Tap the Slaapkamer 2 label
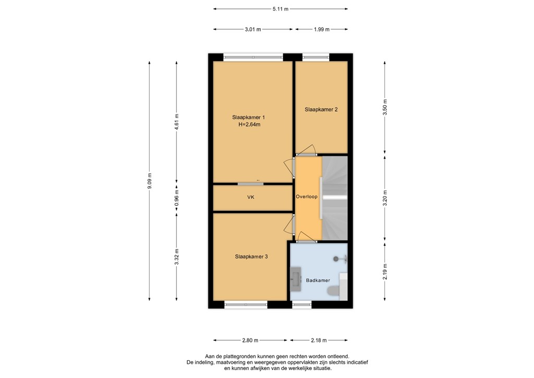click(321, 110)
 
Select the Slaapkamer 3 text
click(251, 256)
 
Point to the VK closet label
click(251, 198)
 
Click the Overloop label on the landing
click(306, 197)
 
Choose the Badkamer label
click(318, 280)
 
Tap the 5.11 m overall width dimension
click(281, 9)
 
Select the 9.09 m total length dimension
click(150, 181)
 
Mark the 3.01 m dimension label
click(253, 30)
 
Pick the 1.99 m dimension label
click(321, 30)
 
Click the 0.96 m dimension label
click(176, 198)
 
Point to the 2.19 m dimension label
click(385, 271)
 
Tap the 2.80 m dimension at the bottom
click(250, 340)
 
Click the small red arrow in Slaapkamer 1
click(258, 181)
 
